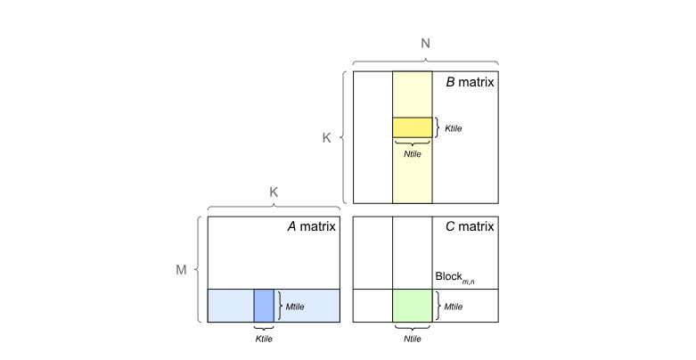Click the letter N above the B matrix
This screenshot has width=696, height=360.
click(x=425, y=42)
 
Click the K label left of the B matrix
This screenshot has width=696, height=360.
click(x=326, y=138)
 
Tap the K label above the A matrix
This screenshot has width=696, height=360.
click(x=274, y=192)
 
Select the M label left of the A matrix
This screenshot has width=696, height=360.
click(x=181, y=268)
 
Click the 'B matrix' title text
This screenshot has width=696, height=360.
click(x=470, y=82)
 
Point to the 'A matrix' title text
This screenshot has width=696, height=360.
click(x=310, y=226)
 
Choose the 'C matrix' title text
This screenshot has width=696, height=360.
click(x=470, y=226)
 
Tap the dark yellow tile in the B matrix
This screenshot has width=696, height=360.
click(x=413, y=127)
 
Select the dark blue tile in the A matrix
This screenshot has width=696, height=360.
click(x=264, y=306)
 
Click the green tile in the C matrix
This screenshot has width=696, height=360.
click(x=413, y=306)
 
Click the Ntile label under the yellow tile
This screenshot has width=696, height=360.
click(x=412, y=153)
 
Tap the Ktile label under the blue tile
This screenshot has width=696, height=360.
click(x=264, y=339)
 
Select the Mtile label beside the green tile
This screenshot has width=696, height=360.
click(x=453, y=307)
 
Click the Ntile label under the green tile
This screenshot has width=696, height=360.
click(x=413, y=339)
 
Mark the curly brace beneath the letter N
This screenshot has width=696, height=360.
click(x=425, y=61)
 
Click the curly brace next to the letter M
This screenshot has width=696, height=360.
click(x=198, y=268)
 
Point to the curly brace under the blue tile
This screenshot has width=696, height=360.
click(x=264, y=327)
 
